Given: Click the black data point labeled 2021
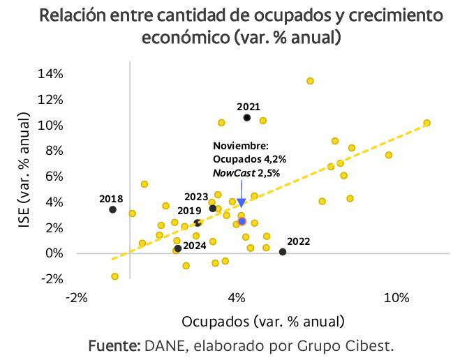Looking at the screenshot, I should [247, 118].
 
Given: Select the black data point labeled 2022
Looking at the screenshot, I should [283, 252].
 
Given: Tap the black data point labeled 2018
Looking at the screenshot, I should [112, 209].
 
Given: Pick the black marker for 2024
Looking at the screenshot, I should [178, 248].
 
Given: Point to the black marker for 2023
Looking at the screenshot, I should [213, 209].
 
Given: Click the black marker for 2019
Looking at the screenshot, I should [198, 223].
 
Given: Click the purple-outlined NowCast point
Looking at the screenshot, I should [242, 221].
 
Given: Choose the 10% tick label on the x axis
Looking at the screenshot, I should [396, 299].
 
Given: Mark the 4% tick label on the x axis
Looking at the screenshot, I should [237, 299].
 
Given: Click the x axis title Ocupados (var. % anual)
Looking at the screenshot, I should [262, 322].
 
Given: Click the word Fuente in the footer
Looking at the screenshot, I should [114, 346].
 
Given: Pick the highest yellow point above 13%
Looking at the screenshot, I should [310, 81].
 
